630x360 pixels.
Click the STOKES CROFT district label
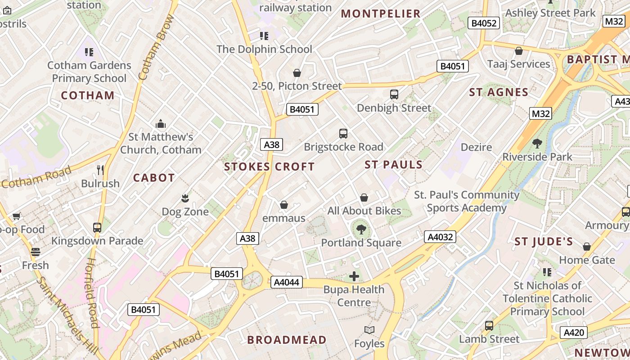coord(270,166)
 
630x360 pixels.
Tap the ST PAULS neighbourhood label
coord(394,165)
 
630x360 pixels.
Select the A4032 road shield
coord(440,237)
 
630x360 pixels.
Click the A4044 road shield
coord(286,282)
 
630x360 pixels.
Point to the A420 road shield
coord(574,333)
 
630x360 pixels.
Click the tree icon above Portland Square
coord(361,229)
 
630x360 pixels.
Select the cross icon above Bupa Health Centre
coord(354,276)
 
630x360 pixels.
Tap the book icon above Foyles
coord(369,330)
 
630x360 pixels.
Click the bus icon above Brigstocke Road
coord(343,134)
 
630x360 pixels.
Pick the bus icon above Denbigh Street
coord(394,94)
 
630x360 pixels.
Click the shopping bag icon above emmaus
coord(284,205)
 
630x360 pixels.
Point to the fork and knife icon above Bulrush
coord(100,170)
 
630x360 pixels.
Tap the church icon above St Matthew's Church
coord(161,124)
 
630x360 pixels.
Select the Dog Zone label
coord(185,211)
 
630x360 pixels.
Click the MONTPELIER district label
coord(381,13)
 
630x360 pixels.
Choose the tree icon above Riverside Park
coord(537,144)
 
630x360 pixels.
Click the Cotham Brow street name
coord(157,47)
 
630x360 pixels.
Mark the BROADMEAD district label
coord(287,340)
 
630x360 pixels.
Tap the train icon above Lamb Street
coord(489,326)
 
